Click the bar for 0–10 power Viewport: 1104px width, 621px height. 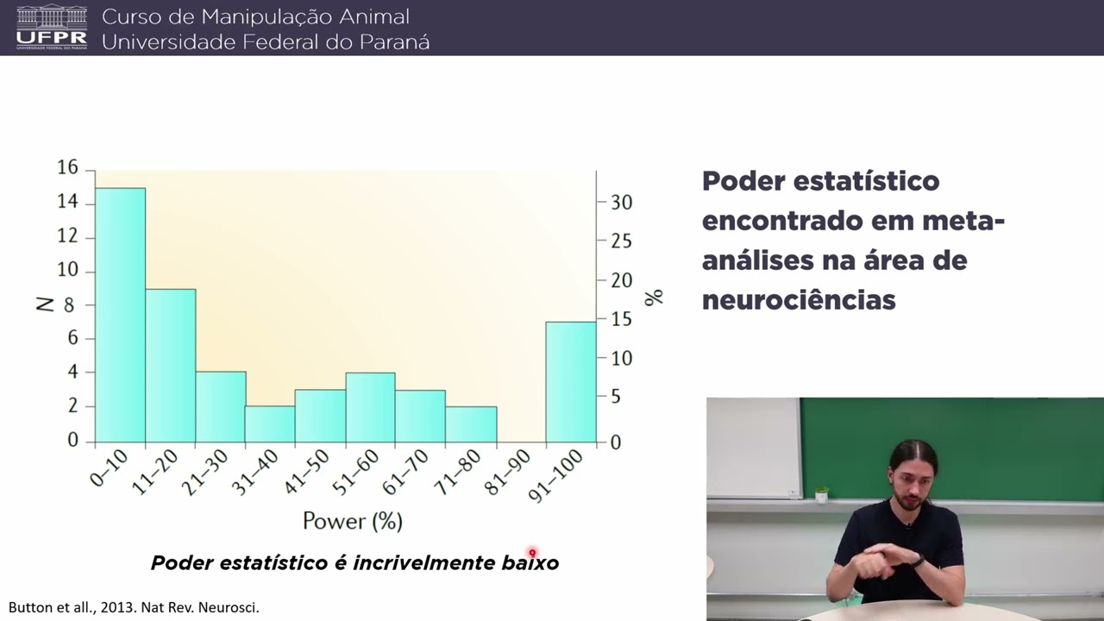pos(120,315)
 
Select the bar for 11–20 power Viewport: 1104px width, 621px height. pos(170,366)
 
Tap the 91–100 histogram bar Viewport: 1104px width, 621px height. pos(570,382)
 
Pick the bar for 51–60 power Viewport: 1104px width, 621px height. pos(370,408)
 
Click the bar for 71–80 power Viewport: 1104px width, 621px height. pos(471,424)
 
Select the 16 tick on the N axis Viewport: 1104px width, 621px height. pos(67,168)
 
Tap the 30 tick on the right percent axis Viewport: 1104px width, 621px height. pos(622,203)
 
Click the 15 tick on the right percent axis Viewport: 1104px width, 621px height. pos(622,320)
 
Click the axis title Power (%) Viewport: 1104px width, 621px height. pos(352,521)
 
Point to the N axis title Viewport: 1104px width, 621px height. pos(46,303)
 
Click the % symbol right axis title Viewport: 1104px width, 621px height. pos(654,297)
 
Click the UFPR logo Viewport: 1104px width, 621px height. pos(52,27)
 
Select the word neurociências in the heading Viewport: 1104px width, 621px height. pos(799,299)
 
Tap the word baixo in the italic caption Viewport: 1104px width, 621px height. pos(530,563)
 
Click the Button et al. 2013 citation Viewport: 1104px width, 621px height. pos(134,607)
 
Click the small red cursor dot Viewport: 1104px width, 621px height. pos(532,553)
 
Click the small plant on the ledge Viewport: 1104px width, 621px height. pos(821,494)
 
